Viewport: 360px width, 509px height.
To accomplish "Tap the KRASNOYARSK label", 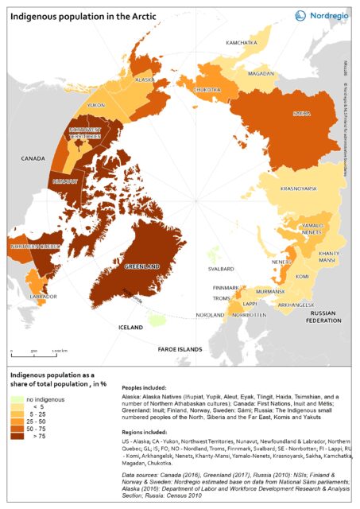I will point(300,189).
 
